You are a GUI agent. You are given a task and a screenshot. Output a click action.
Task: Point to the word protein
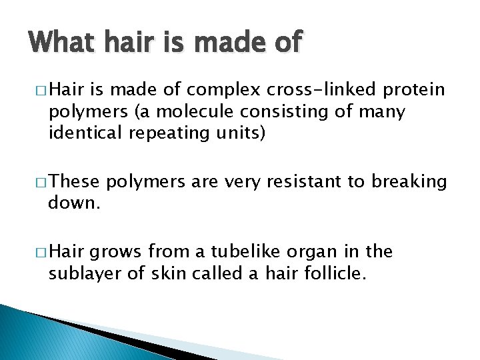(413, 89)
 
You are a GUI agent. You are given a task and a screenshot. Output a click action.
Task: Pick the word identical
(86, 133)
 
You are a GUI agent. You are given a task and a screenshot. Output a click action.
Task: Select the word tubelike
(238, 252)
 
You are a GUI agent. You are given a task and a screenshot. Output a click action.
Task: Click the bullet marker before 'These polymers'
(36, 182)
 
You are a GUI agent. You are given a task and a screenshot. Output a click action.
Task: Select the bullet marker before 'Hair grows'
(36, 252)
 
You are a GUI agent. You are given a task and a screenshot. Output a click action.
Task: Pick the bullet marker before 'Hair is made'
(36, 89)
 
